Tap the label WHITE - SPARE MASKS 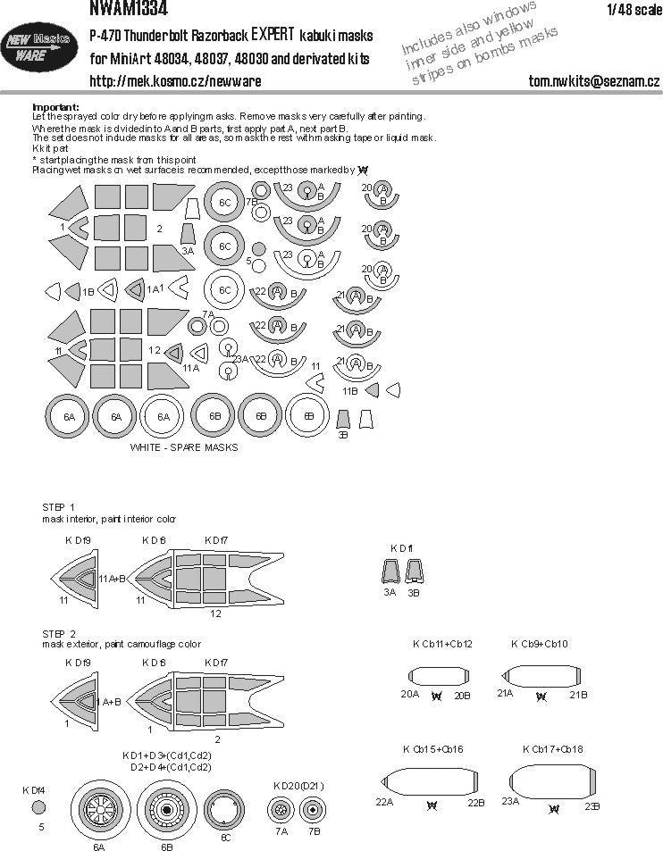(183, 447)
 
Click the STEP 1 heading (59, 507)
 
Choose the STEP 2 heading (59, 632)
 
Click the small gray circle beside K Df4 (38, 807)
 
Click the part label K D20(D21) (298, 786)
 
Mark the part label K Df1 (402, 546)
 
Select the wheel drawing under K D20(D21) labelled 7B (312, 811)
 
